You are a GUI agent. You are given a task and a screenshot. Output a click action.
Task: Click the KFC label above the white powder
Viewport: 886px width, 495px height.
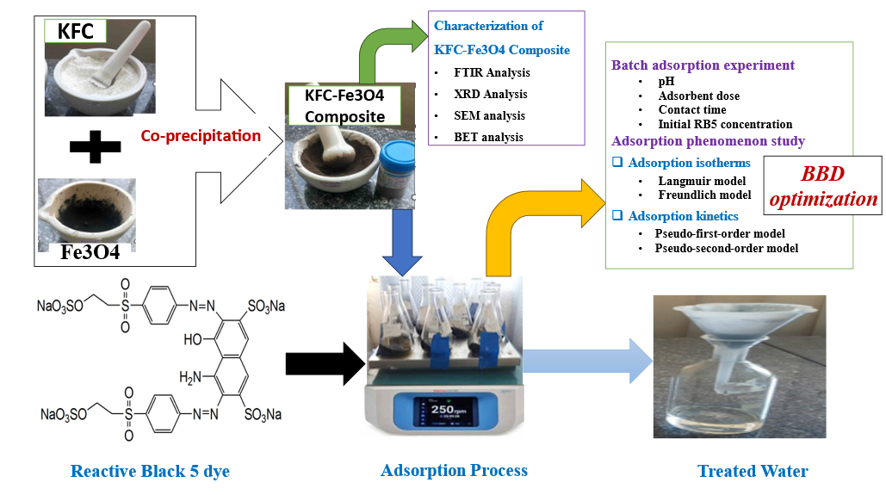pyautogui.click(x=75, y=32)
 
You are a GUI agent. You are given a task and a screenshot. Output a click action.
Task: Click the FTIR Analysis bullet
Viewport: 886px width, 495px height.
pyautogui.click(x=492, y=72)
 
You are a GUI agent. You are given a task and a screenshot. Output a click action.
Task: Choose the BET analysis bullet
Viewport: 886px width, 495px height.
pyautogui.click(x=489, y=137)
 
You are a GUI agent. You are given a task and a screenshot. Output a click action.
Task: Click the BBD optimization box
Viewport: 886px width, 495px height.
pyautogui.click(x=823, y=187)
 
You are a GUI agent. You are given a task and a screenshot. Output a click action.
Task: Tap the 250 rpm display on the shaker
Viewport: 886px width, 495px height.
pyautogui.click(x=446, y=410)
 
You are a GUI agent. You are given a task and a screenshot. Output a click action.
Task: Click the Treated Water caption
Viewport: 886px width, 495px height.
pyautogui.click(x=752, y=471)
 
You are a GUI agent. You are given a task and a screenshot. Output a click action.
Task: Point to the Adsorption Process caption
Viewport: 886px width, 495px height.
pyautogui.click(x=454, y=470)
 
